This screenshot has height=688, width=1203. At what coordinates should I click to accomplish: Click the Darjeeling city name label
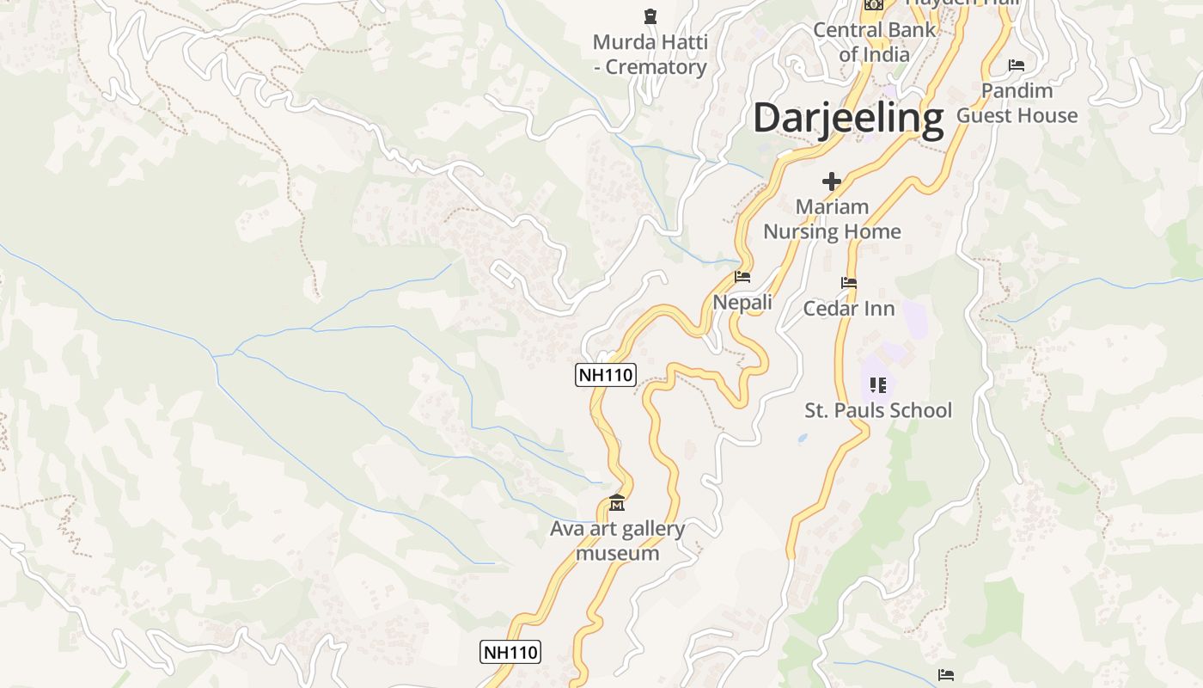(x=848, y=118)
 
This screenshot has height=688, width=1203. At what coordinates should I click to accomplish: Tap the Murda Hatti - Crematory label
(x=650, y=54)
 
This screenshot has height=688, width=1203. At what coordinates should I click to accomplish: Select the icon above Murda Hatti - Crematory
(x=650, y=15)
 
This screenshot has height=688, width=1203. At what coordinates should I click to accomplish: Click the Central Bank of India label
(x=874, y=41)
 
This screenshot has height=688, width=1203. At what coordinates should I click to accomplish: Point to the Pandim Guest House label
(x=1017, y=103)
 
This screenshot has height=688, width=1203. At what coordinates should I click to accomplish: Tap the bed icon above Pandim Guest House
(x=1017, y=65)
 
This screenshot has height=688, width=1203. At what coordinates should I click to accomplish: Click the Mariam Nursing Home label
(x=832, y=219)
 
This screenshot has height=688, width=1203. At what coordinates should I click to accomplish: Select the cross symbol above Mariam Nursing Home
(x=831, y=181)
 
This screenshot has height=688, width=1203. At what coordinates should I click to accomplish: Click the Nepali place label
(x=742, y=303)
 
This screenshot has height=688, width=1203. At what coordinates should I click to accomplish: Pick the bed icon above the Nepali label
(x=742, y=277)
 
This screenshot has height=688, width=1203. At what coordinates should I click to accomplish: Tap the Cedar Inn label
(x=849, y=309)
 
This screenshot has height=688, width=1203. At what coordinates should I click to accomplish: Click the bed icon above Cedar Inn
(x=849, y=283)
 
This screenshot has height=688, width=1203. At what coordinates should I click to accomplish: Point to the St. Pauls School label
(x=878, y=410)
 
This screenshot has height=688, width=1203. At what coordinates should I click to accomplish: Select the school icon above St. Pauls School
(x=877, y=384)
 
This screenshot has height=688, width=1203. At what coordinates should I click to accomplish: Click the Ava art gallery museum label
(x=617, y=540)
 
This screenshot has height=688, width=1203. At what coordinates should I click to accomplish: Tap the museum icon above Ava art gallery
(x=617, y=502)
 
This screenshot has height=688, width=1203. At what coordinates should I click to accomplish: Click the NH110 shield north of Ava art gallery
(x=605, y=375)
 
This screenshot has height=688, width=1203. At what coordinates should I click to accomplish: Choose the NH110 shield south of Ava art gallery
(x=510, y=652)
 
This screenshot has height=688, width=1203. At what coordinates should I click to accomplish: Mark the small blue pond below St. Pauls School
(x=803, y=438)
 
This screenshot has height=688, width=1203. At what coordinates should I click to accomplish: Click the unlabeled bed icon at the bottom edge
(x=946, y=675)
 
